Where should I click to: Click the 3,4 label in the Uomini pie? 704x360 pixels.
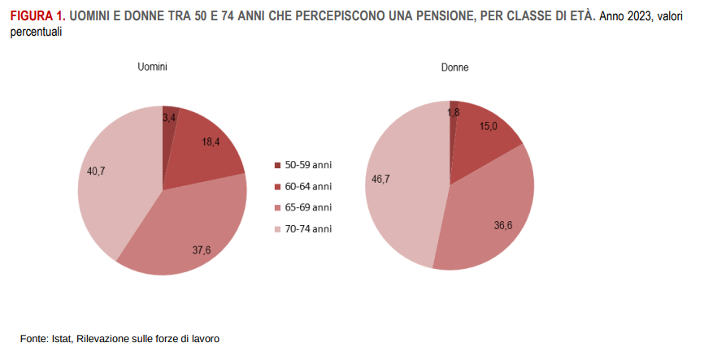coord(170,119)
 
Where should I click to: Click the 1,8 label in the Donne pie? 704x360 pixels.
coord(454,113)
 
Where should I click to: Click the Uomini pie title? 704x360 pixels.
coord(152,68)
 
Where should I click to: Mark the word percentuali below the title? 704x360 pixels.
coord(37,31)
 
